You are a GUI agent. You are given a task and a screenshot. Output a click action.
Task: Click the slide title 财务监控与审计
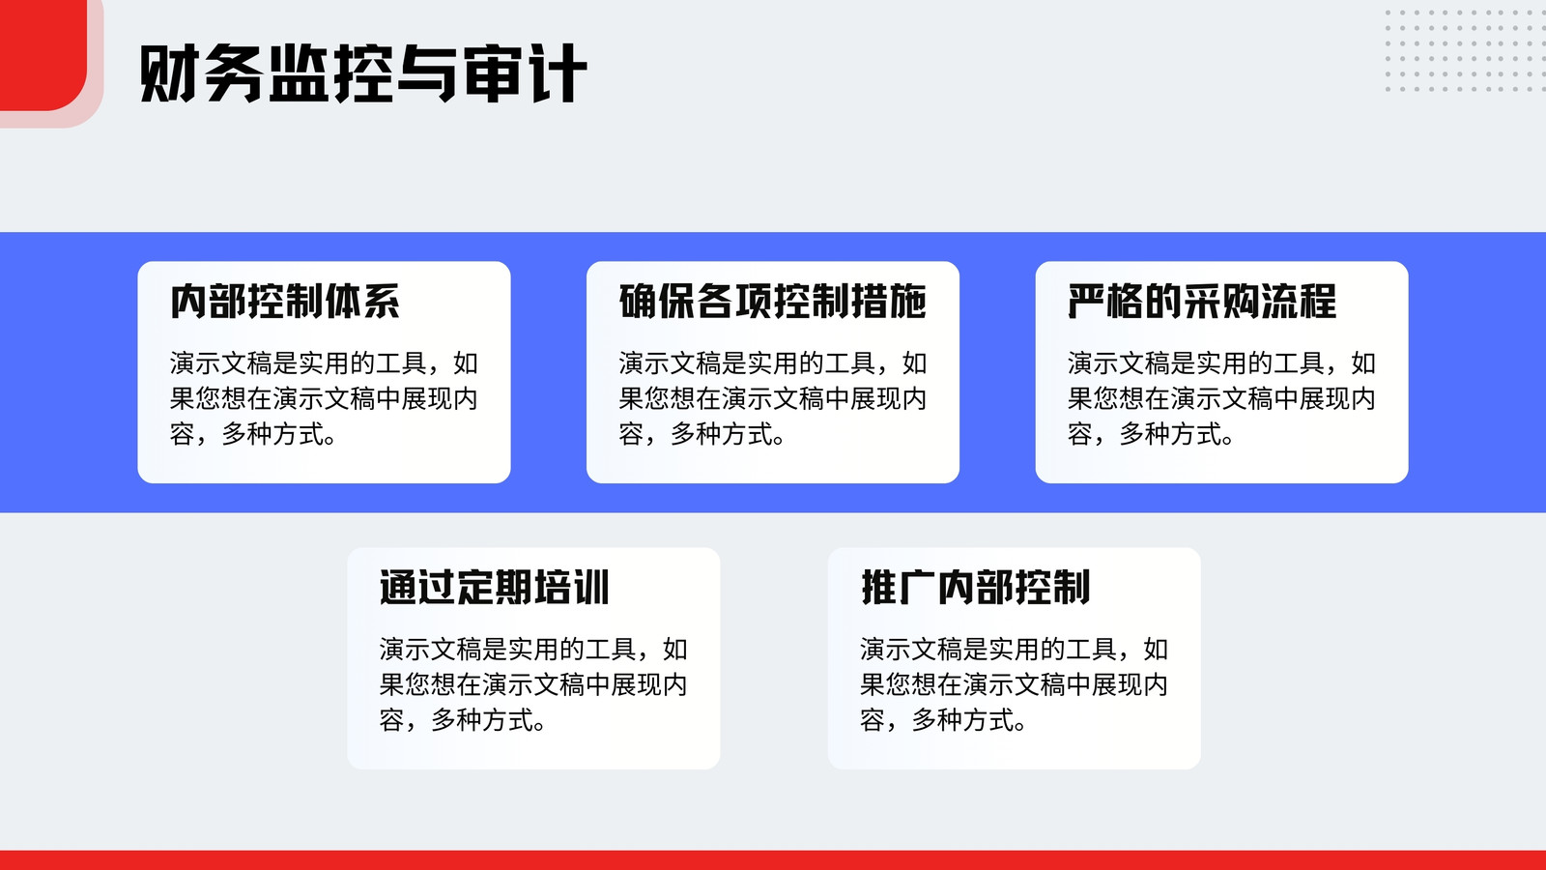(363, 73)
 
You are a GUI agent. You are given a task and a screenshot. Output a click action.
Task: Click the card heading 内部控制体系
(285, 301)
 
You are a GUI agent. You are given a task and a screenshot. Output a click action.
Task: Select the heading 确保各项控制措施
(772, 301)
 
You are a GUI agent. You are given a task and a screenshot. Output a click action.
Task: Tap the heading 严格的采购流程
(1202, 301)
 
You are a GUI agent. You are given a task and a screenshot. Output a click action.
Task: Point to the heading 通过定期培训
(494, 588)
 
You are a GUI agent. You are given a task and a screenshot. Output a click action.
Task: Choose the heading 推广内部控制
(975, 588)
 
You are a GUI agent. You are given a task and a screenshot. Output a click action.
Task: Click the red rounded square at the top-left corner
(43, 55)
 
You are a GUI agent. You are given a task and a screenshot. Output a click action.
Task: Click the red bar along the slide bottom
(773, 860)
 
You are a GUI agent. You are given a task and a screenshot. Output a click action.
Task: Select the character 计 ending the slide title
(558, 73)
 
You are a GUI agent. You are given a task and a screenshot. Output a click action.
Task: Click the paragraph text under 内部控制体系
(324, 398)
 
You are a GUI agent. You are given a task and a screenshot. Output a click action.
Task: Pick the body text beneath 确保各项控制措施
(772, 398)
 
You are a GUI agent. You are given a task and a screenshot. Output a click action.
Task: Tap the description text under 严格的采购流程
(1221, 398)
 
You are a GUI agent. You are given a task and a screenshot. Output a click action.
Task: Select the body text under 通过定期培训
(533, 685)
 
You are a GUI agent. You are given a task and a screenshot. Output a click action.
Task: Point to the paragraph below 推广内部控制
(1014, 685)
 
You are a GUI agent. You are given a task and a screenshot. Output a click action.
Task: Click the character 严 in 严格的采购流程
(1086, 301)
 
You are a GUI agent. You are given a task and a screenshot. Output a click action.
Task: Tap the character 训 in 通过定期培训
(590, 588)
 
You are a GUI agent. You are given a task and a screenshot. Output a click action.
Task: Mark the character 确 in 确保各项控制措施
(638, 301)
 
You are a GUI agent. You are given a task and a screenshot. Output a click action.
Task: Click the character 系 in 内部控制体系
(382, 301)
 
